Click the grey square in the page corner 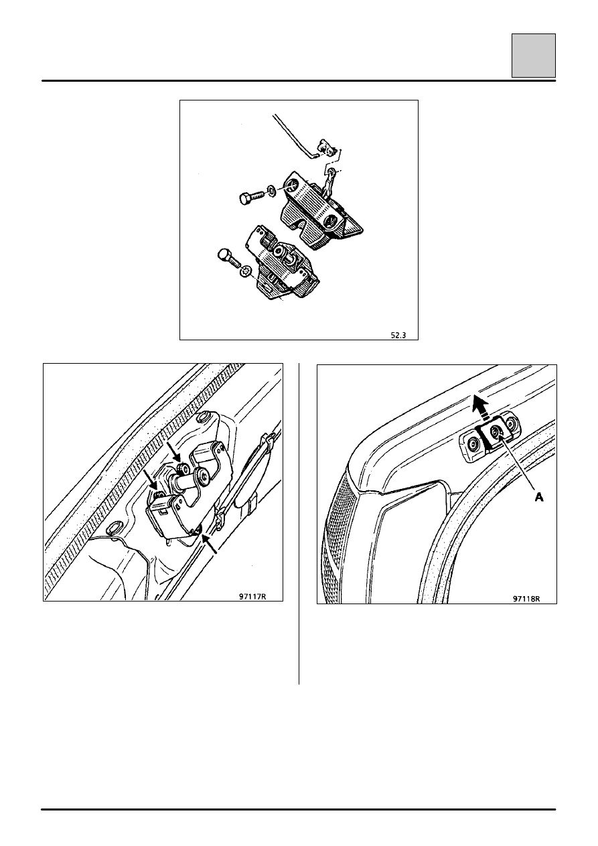tap(534, 56)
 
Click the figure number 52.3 tap(398, 335)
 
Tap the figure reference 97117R tap(252, 596)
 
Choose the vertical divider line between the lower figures tap(299, 524)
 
